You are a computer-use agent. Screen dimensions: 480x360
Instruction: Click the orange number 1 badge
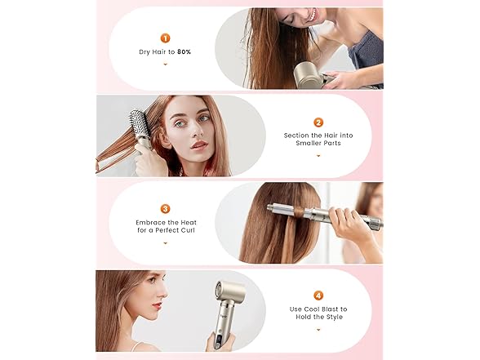tap(165, 38)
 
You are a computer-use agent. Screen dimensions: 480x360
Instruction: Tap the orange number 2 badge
tap(318, 122)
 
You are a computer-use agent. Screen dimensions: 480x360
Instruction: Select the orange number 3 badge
tap(165, 209)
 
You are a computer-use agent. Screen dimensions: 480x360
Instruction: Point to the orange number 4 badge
tap(318, 296)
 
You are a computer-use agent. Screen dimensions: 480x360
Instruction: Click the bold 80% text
tap(184, 51)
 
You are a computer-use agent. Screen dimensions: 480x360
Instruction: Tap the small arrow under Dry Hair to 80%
tap(165, 64)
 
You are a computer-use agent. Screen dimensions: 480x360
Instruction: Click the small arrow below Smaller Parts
tap(318, 156)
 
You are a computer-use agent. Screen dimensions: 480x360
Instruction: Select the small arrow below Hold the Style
tap(318, 330)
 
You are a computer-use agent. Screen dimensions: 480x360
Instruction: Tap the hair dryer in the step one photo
tap(310, 75)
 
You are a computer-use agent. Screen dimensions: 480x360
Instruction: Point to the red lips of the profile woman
tap(158, 305)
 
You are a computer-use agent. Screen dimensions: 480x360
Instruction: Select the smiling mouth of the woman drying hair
tap(311, 16)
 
